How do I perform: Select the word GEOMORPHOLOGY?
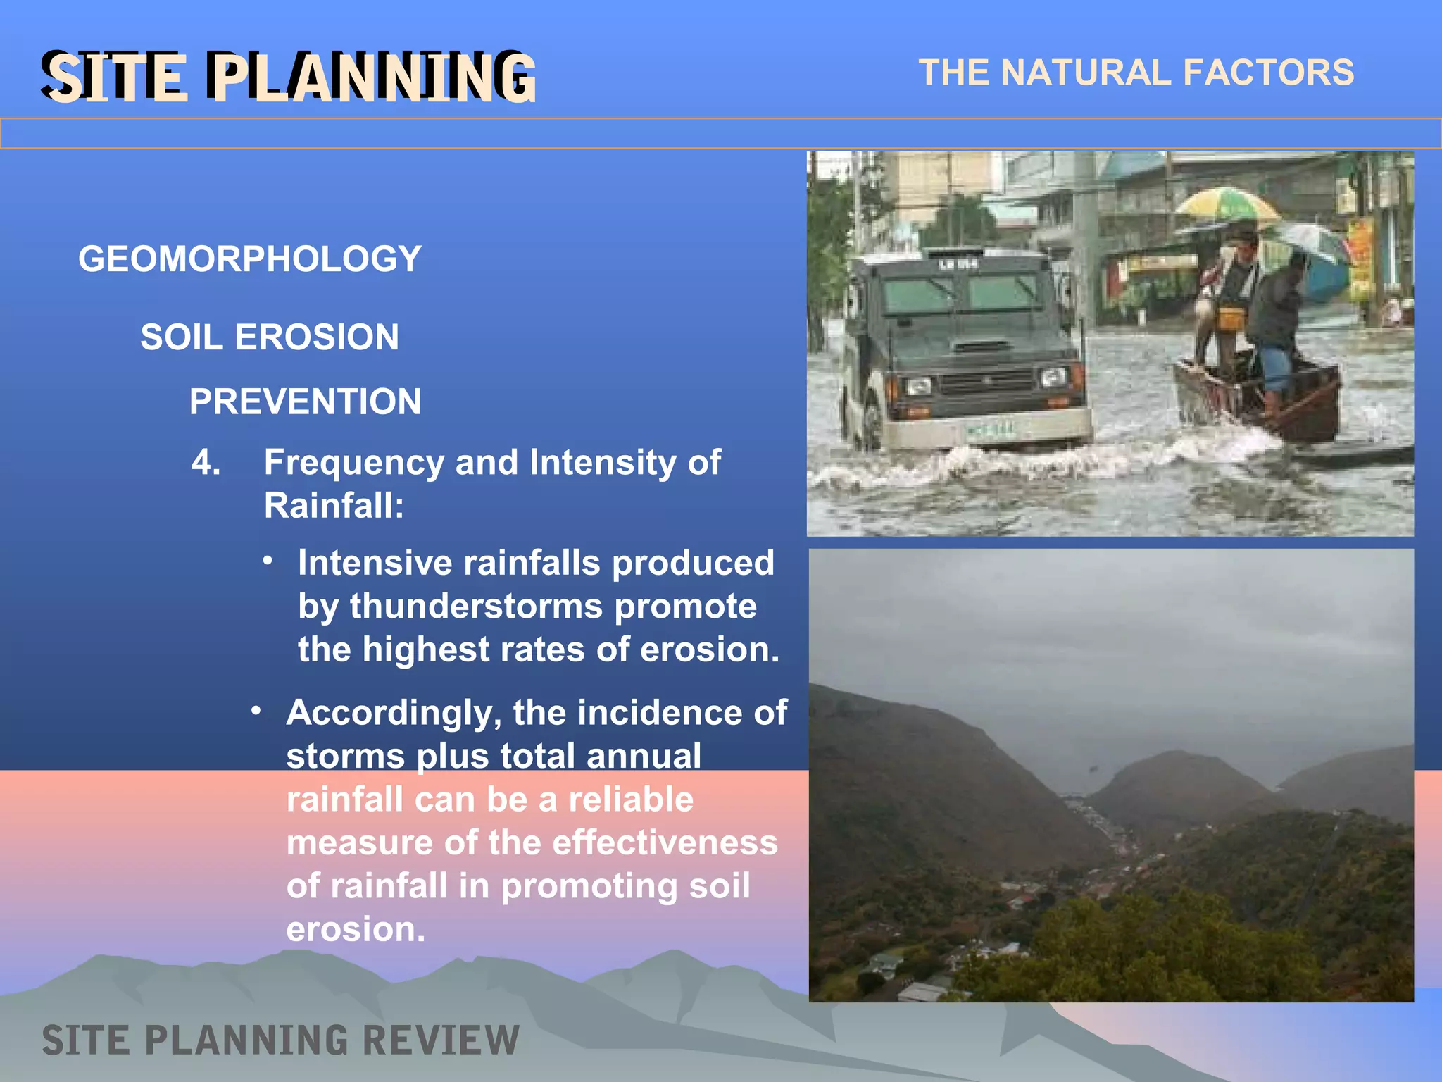coord(249,259)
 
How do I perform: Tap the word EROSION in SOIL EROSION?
coord(316,337)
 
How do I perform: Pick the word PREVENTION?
coord(305,402)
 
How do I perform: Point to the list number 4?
coord(205,463)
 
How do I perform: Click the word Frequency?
coord(353,463)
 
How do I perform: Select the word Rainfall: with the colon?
coord(334,506)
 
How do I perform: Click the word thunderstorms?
coord(476,606)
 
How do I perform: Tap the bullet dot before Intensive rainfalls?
coord(268,561)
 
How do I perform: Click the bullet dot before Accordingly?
coord(256,711)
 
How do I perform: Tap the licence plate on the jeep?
coord(990,429)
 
